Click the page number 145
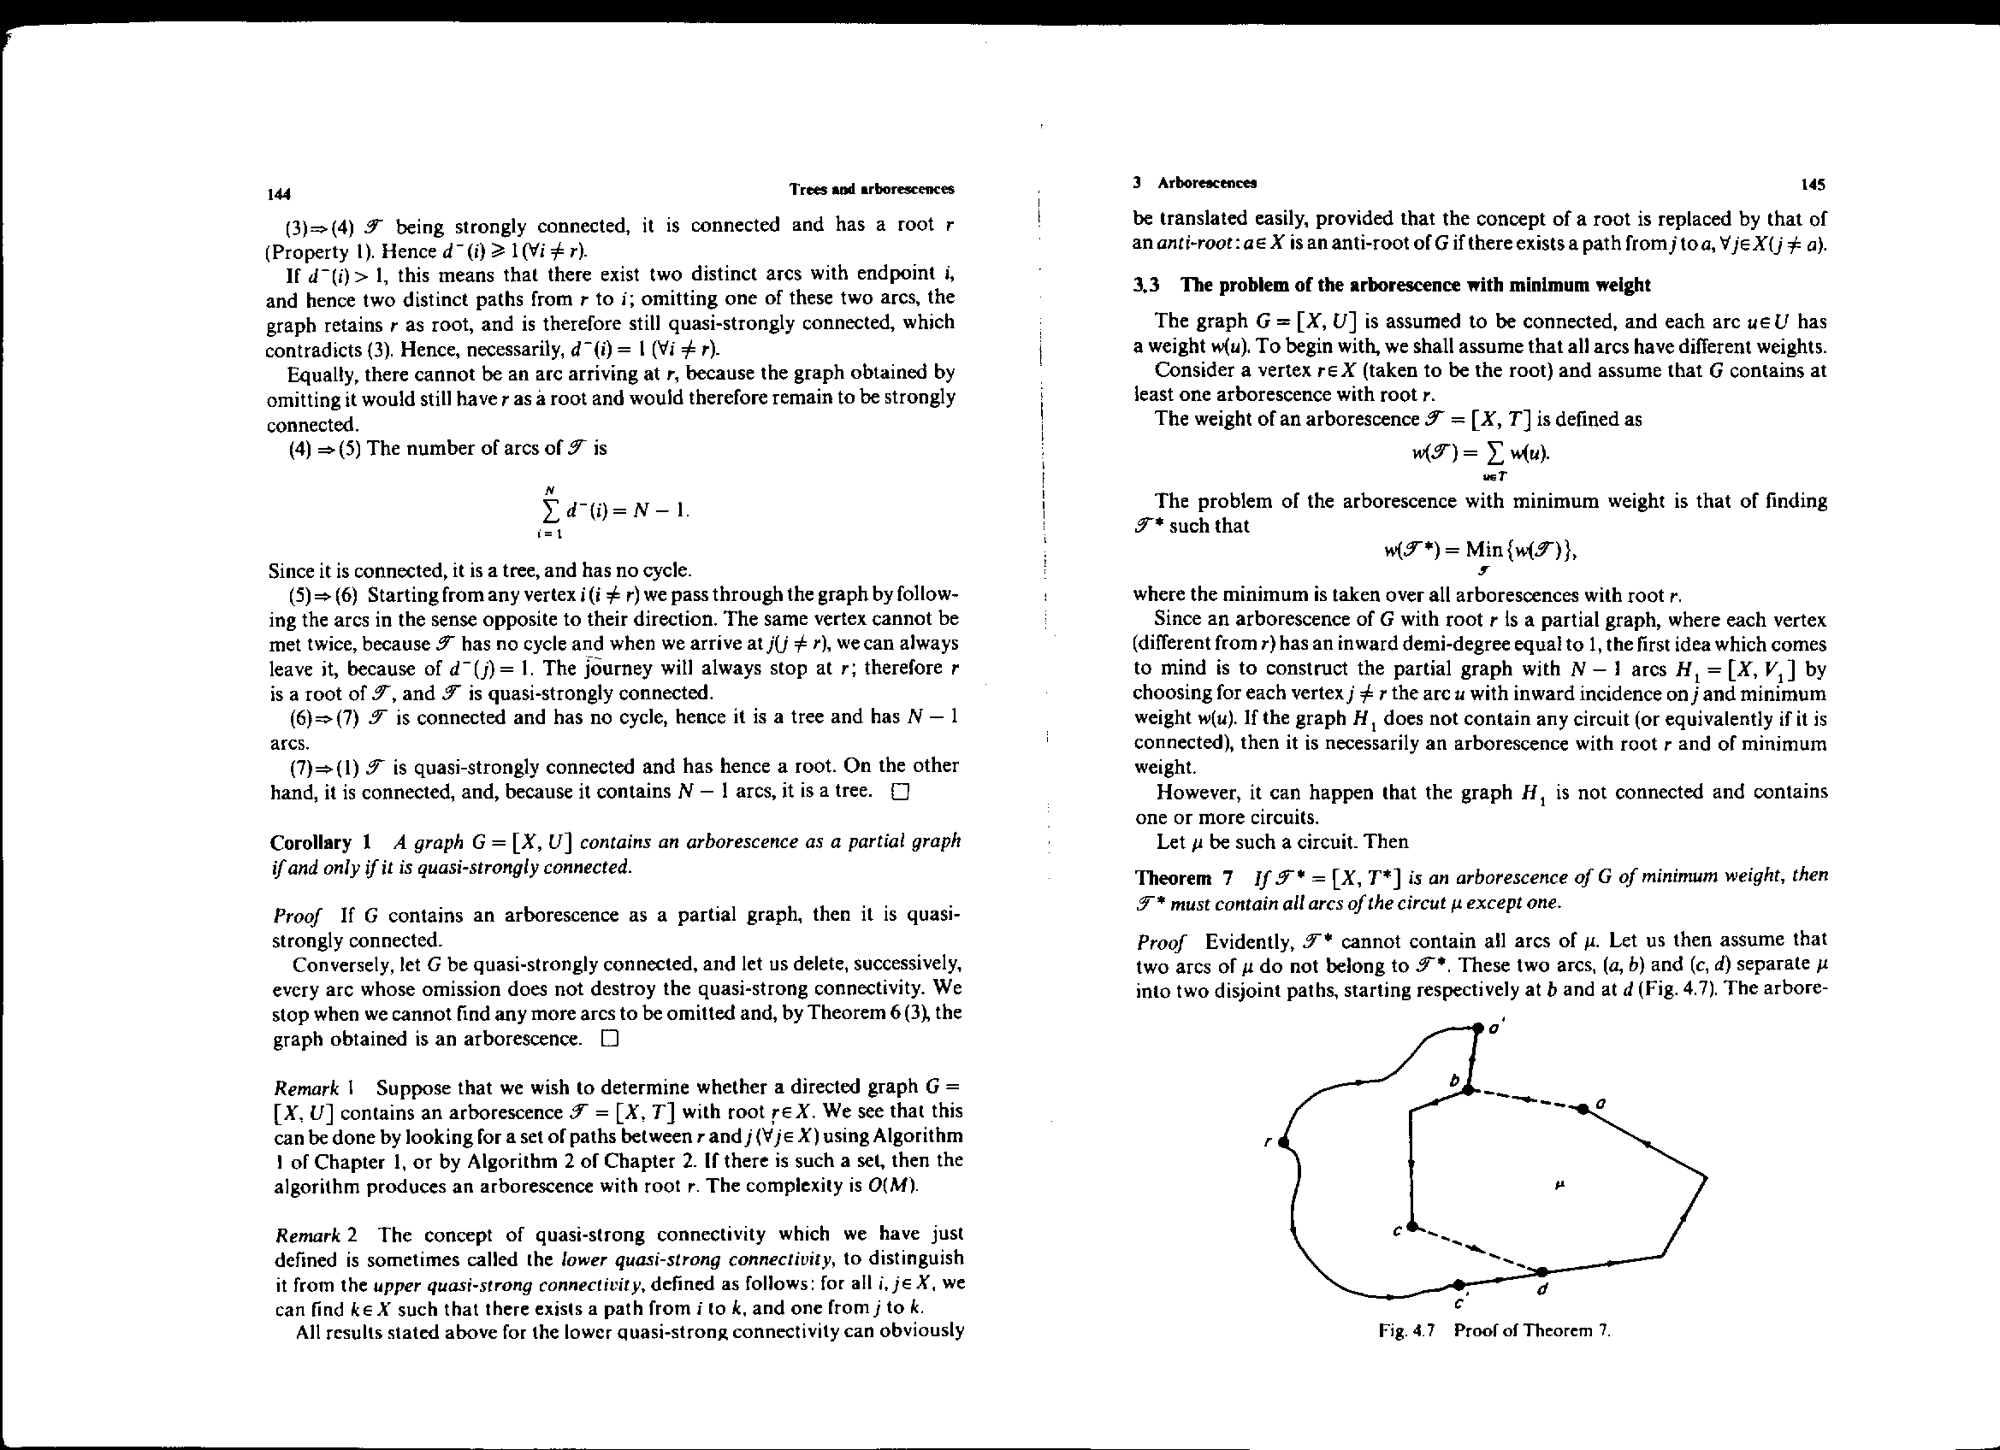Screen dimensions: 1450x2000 (1814, 186)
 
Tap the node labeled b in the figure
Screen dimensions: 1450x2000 (1467, 1091)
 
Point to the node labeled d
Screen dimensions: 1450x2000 (1541, 1272)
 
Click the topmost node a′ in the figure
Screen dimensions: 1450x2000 (1479, 1028)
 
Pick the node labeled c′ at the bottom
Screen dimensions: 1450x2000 (1459, 1284)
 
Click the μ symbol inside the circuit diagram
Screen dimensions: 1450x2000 (1559, 1186)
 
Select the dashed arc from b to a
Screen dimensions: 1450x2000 (1525, 1099)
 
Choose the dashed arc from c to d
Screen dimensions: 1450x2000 (1477, 1249)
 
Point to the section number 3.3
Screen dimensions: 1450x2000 (1146, 286)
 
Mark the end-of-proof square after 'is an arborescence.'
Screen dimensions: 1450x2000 (609, 1039)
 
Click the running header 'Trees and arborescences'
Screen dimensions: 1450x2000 (871, 190)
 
